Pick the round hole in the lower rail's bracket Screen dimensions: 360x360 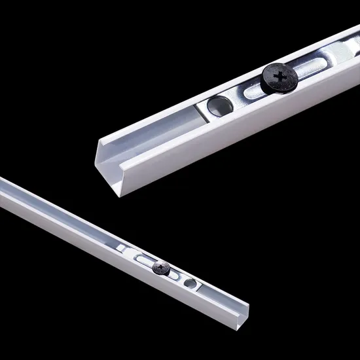coord(190,283)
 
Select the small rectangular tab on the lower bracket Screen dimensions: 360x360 coord(122,247)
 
